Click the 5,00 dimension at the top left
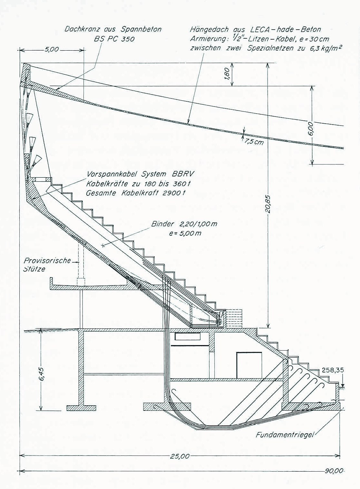coord(52,50)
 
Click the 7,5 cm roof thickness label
coord(254,141)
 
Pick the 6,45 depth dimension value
coord(42,374)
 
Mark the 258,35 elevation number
coord(333,370)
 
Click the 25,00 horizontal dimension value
coord(180,456)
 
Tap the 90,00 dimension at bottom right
coord(334,471)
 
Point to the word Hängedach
coord(209,30)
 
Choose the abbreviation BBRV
coord(183,174)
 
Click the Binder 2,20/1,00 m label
coord(184,224)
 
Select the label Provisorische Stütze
coord(47,265)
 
